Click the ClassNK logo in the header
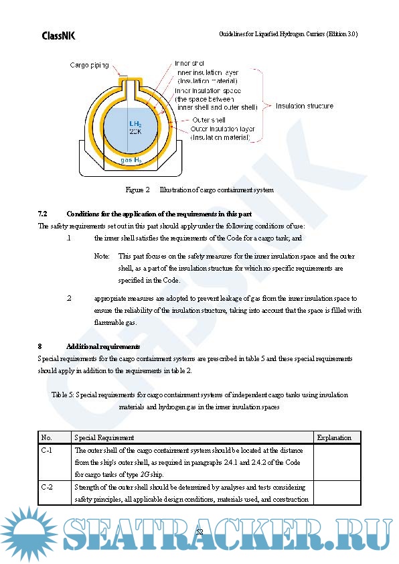point(59,36)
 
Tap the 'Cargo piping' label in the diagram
point(89,65)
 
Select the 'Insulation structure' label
point(305,106)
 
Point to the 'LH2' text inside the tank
point(135,124)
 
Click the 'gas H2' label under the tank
point(131,160)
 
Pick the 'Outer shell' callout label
point(209,120)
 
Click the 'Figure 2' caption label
point(137,190)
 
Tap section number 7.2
point(42,214)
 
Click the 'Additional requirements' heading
point(103,347)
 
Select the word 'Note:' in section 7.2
point(102,256)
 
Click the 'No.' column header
point(46,438)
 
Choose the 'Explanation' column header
point(334,438)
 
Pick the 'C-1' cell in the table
point(47,450)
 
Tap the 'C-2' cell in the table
point(47,488)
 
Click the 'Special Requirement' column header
point(104,438)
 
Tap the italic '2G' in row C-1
point(145,475)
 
